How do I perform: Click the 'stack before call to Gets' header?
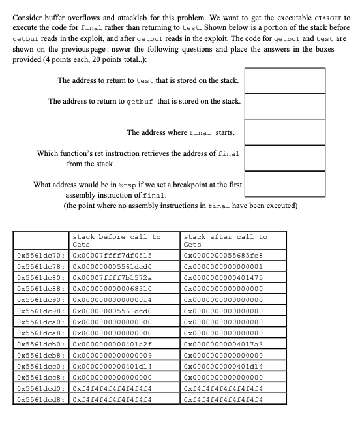116,240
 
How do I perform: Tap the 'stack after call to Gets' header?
226,240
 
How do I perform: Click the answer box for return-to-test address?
284,80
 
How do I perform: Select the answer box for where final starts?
284,132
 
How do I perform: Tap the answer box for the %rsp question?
284,184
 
